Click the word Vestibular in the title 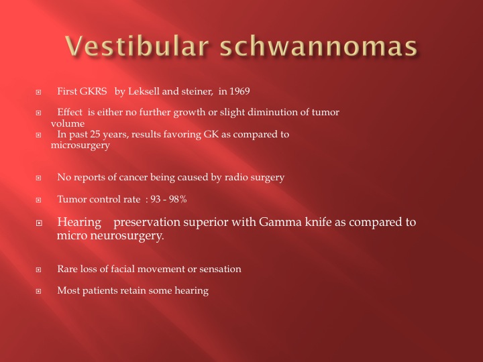pos(137,46)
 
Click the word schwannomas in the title pos(319,46)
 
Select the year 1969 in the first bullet pos(239,91)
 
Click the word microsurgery pos(80,145)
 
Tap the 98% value pos(178,199)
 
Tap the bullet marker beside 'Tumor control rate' pos(38,200)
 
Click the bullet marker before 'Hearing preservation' pos(39,223)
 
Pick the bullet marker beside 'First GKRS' pos(38,92)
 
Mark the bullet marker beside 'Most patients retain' pos(38,291)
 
